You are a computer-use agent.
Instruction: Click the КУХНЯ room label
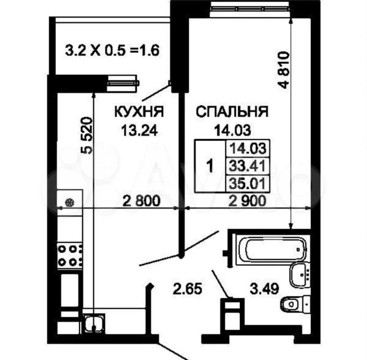coord(139,112)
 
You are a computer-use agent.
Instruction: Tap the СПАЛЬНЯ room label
coord(232,112)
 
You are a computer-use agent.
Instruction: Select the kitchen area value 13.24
coord(139,130)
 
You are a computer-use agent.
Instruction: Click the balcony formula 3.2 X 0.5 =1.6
coord(112,50)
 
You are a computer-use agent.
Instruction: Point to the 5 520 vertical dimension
coord(87,135)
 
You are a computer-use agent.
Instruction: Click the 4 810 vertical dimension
coord(284,70)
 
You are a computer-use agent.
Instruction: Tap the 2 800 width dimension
coord(142,201)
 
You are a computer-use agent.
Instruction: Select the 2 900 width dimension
coord(247,201)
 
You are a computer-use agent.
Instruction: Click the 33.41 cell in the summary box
coord(247,166)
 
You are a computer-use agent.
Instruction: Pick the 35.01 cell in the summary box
coord(247,183)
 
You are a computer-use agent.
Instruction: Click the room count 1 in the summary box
coord(210,166)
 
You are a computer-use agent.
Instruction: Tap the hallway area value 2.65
coord(187,289)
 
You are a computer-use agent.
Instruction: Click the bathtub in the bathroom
coord(272,249)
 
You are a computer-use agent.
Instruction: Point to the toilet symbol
coord(295,304)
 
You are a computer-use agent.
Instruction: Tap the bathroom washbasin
coord(300,274)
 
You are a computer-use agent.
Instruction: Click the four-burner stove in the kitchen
coord(70,255)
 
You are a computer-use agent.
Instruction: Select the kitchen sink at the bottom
coord(94,323)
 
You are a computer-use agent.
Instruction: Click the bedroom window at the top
coord(250,8)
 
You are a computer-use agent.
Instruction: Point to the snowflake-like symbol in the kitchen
coord(69,202)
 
